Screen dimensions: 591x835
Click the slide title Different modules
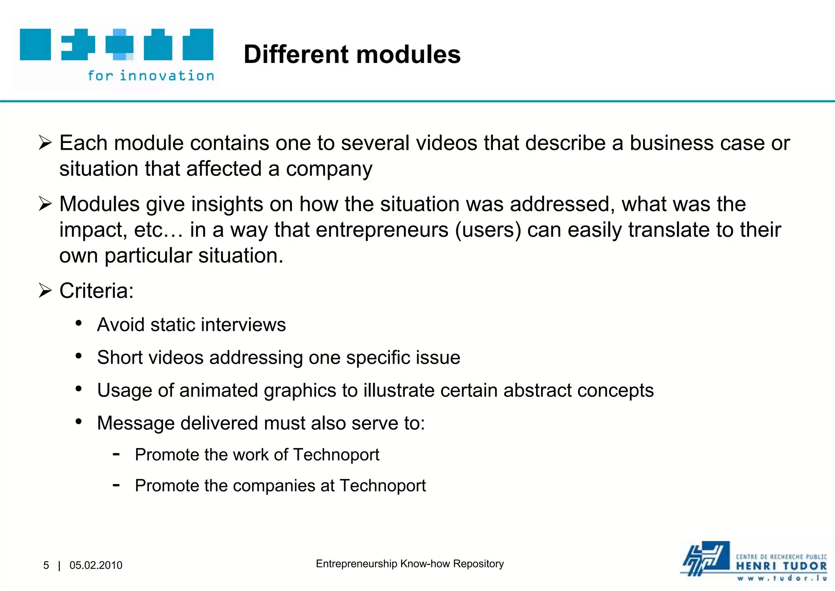point(352,54)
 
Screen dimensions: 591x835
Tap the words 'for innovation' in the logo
point(151,76)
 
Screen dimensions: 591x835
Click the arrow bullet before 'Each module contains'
point(45,143)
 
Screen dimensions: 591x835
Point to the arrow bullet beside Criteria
point(45,291)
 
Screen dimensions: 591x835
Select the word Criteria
point(96,291)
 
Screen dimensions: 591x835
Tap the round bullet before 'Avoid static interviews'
point(79,324)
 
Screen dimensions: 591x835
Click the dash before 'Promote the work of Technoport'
point(116,454)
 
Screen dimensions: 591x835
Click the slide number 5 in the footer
point(46,565)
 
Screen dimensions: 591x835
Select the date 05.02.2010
point(96,565)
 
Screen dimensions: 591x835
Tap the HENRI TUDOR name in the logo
point(781,566)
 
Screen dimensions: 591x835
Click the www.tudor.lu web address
point(781,578)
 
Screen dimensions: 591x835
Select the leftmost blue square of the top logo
point(35,44)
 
